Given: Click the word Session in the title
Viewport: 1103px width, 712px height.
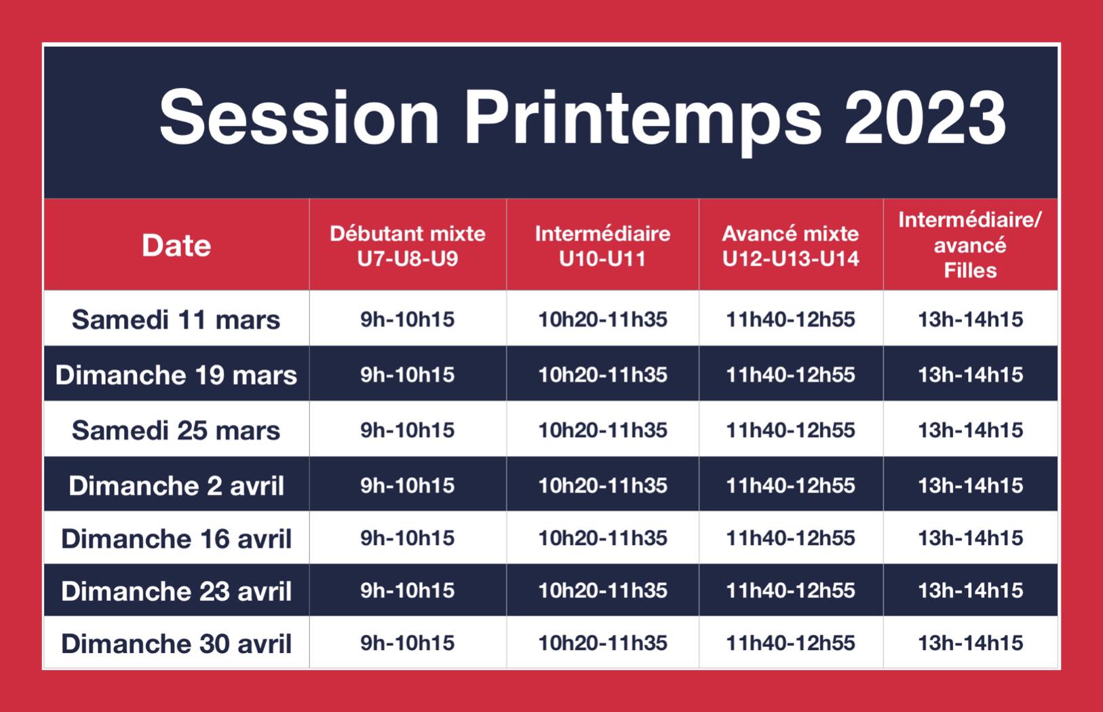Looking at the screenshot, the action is click(299, 117).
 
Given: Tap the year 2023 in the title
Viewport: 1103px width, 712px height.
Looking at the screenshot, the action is click(925, 117).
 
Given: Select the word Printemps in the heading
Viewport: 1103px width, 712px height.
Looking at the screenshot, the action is click(642, 122).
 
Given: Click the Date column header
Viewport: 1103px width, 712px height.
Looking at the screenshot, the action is click(176, 246).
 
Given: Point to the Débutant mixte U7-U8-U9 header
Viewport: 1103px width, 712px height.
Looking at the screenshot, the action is click(408, 246).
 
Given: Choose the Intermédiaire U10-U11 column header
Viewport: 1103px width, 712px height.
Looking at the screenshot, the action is click(602, 246).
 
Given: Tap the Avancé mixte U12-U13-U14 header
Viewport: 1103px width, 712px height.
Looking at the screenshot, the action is click(791, 246).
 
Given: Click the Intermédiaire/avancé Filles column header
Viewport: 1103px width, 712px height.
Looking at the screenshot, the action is click(970, 245).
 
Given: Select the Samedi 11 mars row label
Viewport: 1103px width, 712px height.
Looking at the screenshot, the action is click(176, 319).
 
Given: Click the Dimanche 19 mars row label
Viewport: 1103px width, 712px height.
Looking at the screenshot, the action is click(176, 375).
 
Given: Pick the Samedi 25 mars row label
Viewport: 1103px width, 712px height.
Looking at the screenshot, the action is click(176, 430).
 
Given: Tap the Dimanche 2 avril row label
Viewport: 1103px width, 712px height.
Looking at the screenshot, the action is click(176, 486).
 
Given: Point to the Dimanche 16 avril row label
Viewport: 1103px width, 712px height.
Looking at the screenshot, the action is click(176, 538).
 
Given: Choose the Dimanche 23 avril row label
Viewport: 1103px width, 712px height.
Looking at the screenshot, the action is click(176, 591).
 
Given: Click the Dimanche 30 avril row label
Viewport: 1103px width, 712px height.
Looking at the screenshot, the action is click(176, 643).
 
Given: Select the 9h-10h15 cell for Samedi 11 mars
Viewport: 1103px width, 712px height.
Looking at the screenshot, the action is click(407, 319).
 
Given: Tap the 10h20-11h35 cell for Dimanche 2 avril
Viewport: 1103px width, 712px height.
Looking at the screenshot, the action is click(602, 485).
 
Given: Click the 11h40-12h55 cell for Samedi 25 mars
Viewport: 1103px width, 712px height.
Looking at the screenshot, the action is click(791, 430).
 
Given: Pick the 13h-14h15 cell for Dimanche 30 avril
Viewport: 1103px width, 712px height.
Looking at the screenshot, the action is click(971, 643).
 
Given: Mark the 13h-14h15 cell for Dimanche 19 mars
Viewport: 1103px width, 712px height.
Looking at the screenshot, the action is click(971, 375).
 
